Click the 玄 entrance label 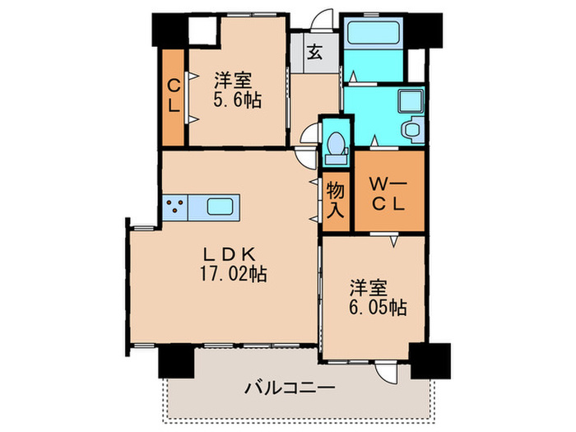[314, 51]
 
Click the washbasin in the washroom [409, 103]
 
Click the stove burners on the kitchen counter [174, 207]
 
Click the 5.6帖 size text [234, 103]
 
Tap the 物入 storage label [335, 200]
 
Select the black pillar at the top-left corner [169, 30]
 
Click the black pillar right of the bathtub [425, 30]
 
